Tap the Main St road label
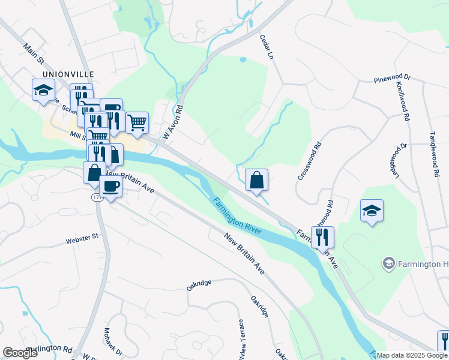[x=35, y=53]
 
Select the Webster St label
[x=82, y=239]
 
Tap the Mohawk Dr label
[x=113, y=341]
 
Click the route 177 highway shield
[x=97, y=197]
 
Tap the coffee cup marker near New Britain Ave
[x=110, y=187]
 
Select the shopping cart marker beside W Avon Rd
[x=137, y=122]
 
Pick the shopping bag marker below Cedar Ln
[x=256, y=180]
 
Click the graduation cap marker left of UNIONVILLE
[x=43, y=91]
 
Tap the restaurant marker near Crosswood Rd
[x=322, y=237]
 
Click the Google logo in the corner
[x=20, y=353]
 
